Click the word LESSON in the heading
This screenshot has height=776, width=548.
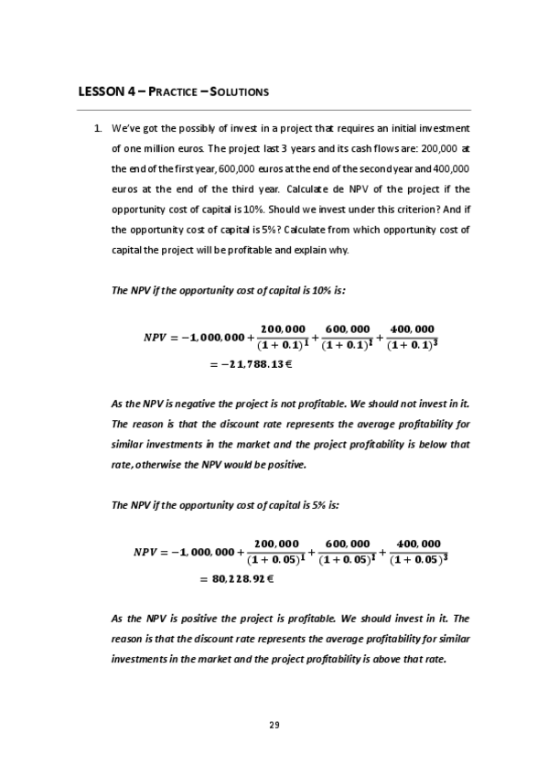pyautogui.click(x=99, y=92)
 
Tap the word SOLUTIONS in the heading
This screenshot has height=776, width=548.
pyautogui.click(x=238, y=92)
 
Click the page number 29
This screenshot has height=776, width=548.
pyautogui.click(x=274, y=726)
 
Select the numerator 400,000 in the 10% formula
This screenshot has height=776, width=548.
pyautogui.click(x=412, y=329)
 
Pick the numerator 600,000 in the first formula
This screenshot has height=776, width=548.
pyautogui.click(x=348, y=329)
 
